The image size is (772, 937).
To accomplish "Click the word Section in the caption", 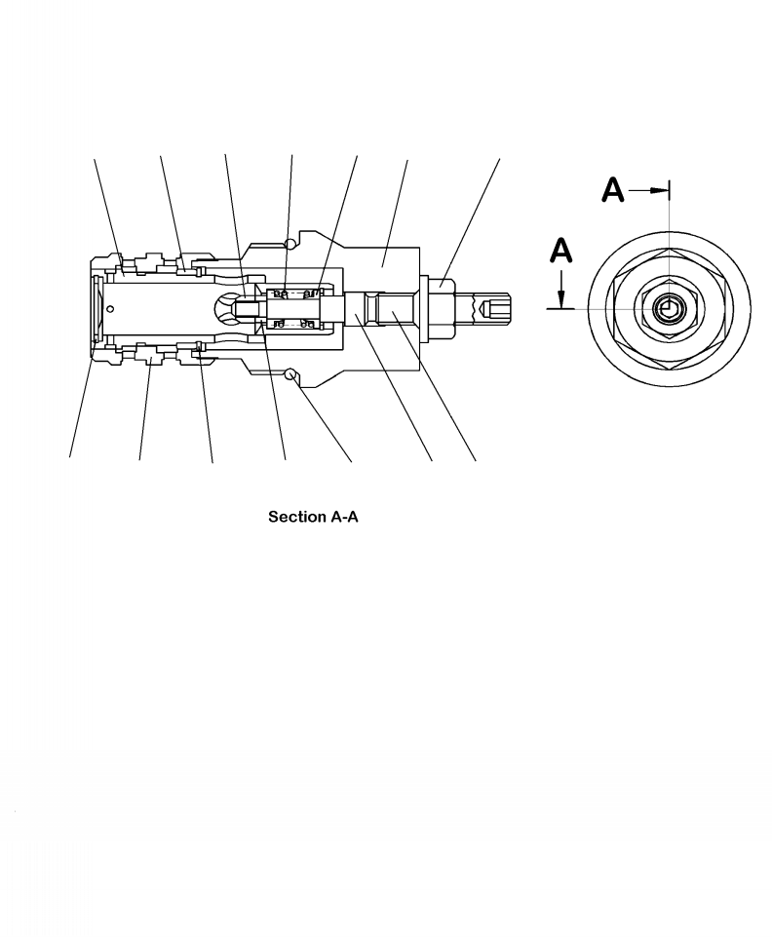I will click(291, 517).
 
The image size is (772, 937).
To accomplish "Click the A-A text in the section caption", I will click(340, 517).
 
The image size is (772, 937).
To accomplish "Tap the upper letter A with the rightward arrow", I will click(612, 190).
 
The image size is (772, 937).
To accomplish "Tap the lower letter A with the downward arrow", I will click(560, 253).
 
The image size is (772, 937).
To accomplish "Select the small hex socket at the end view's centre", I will click(667, 310).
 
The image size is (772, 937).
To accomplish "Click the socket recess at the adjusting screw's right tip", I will click(496, 308).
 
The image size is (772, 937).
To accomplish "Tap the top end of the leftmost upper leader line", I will click(95, 156).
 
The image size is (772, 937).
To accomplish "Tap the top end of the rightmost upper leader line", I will click(500, 156).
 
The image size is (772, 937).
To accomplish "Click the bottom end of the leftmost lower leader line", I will click(69, 458).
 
